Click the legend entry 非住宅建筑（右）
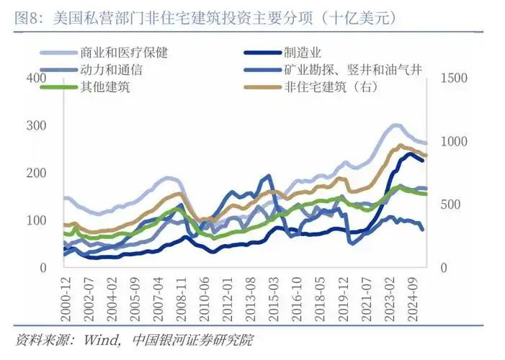[331, 88]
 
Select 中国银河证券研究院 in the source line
[194, 339]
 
